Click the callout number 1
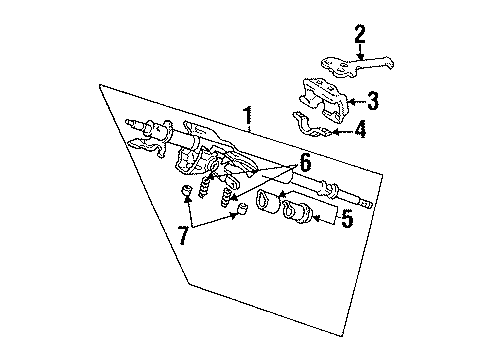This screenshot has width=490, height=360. pos(247,118)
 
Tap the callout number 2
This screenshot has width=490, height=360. pos(360,34)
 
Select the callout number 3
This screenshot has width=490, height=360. pos(373,101)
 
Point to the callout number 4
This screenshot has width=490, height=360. pos(360,130)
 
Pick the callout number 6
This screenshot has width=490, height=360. pos(305,163)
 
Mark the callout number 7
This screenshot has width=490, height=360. pos(183,235)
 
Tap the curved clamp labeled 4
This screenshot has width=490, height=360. pos(310,126)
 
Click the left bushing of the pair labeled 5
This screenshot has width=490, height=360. pos(269,200)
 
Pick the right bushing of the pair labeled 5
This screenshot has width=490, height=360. pos(297,212)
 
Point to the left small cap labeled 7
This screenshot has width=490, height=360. pos(187,191)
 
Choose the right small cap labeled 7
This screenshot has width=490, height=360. pos(242,207)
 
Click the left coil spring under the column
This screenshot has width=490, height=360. pos(205,187)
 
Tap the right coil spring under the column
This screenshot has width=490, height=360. pos(227,197)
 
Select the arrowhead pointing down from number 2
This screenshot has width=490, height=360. pos(360,56)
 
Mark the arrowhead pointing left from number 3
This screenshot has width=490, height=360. pos(351,102)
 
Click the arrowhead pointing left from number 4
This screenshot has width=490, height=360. pos(335,132)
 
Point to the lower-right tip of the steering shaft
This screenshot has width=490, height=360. pos(371,205)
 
